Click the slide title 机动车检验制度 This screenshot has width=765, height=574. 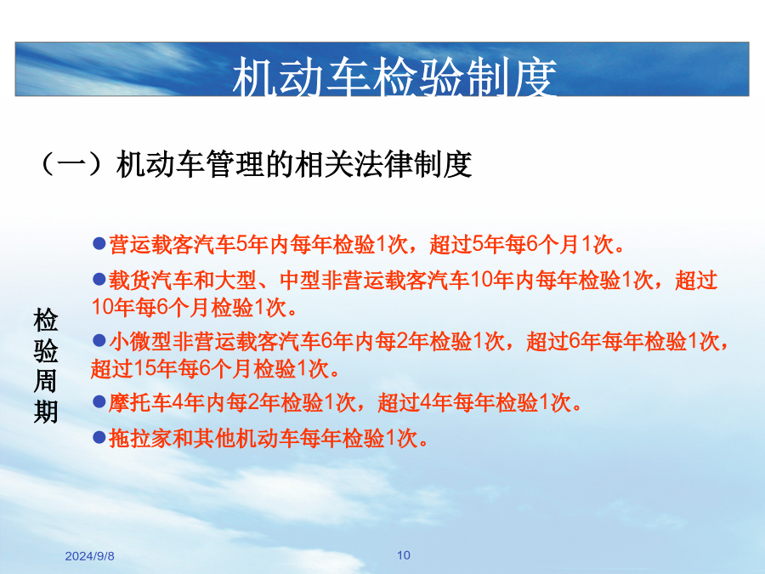point(394,77)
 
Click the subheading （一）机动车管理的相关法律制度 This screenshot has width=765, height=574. point(255,164)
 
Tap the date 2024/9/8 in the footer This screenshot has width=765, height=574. point(90,556)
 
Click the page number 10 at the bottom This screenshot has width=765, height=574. point(404,555)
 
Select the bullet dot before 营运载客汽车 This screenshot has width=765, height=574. point(99,243)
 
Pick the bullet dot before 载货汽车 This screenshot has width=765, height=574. point(99,279)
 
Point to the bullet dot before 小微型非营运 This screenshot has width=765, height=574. point(99,340)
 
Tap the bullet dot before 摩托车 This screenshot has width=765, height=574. point(99,401)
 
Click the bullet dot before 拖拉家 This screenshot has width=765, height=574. point(99,437)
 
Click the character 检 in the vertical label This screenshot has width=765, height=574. point(46,321)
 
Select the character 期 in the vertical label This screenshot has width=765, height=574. point(46,412)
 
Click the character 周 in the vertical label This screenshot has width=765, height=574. point(46,381)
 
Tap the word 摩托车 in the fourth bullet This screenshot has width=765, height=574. point(140,403)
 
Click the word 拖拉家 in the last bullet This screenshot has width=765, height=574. point(140,438)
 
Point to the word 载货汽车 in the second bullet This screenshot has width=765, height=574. point(150,280)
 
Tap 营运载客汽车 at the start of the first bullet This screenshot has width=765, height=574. point(173,244)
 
